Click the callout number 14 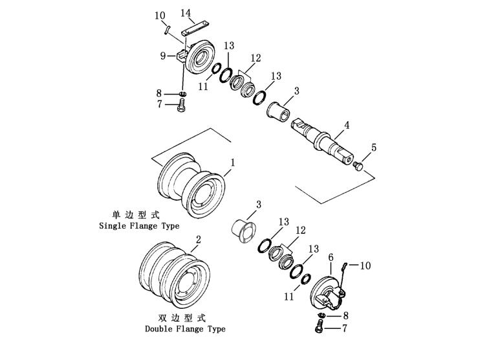click(x=186, y=13)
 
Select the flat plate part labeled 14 click(x=196, y=28)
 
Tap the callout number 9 click(x=163, y=56)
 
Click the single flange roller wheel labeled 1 click(x=191, y=185)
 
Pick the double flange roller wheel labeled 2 click(x=175, y=275)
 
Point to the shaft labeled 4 click(x=322, y=142)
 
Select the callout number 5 click(x=374, y=148)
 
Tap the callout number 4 click(x=347, y=125)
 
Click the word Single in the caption click(x=112, y=226)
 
